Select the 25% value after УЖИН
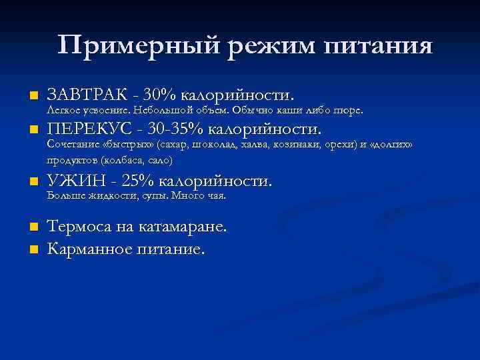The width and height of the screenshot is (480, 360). [140, 181]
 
